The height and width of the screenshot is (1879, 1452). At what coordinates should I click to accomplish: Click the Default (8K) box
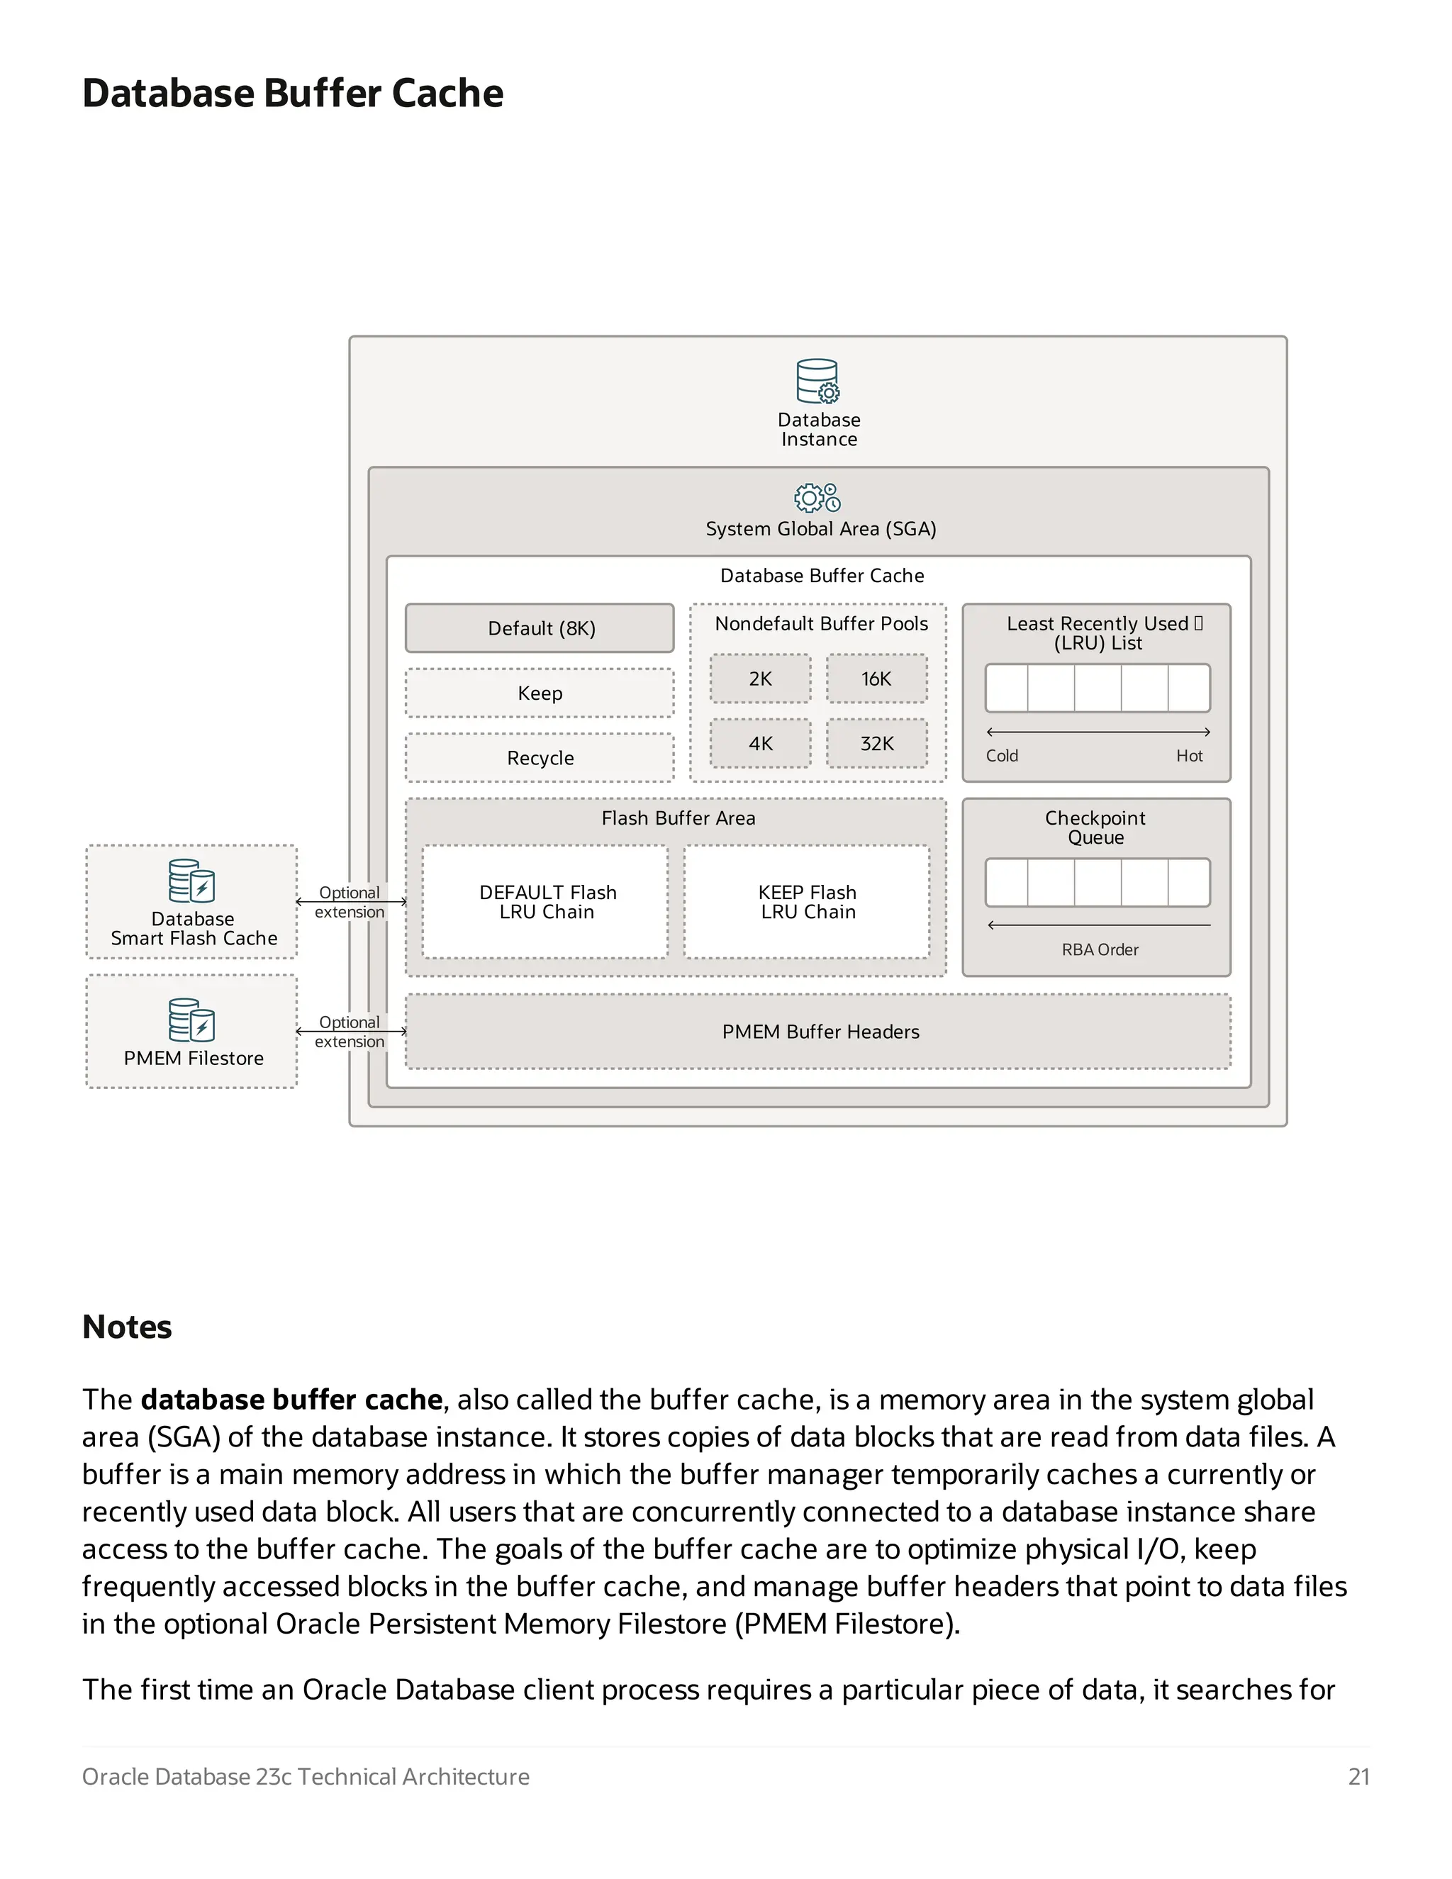[540, 628]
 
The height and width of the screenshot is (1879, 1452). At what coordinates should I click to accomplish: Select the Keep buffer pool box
[540, 693]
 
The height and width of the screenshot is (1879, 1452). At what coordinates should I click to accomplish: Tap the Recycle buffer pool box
[540, 757]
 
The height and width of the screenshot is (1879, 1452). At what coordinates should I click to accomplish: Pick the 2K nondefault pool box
[759, 679]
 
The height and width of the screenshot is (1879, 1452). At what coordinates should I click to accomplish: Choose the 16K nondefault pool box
[876, 679]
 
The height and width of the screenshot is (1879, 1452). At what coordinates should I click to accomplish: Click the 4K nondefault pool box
[759, 743]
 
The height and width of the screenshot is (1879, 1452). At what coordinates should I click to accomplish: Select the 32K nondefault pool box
[876, 743]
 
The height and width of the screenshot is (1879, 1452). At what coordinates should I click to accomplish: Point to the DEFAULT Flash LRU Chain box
[545, 902]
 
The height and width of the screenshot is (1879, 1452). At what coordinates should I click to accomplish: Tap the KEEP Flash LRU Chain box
[807, 902]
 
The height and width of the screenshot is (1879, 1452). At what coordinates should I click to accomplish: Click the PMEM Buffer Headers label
[820, 1032]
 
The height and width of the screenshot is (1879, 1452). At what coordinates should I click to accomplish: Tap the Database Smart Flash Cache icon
[191, 880]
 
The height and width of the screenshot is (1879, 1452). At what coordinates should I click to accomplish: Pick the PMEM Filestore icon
[191, 1020]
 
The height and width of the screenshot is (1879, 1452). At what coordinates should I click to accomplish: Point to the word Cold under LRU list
[1001, 755]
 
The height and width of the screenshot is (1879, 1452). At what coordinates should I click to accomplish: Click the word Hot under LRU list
[1189, 755]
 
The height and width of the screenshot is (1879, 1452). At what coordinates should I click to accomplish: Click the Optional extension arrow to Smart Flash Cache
[350, 902]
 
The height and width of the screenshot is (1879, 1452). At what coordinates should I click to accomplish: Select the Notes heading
[128, 1327]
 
